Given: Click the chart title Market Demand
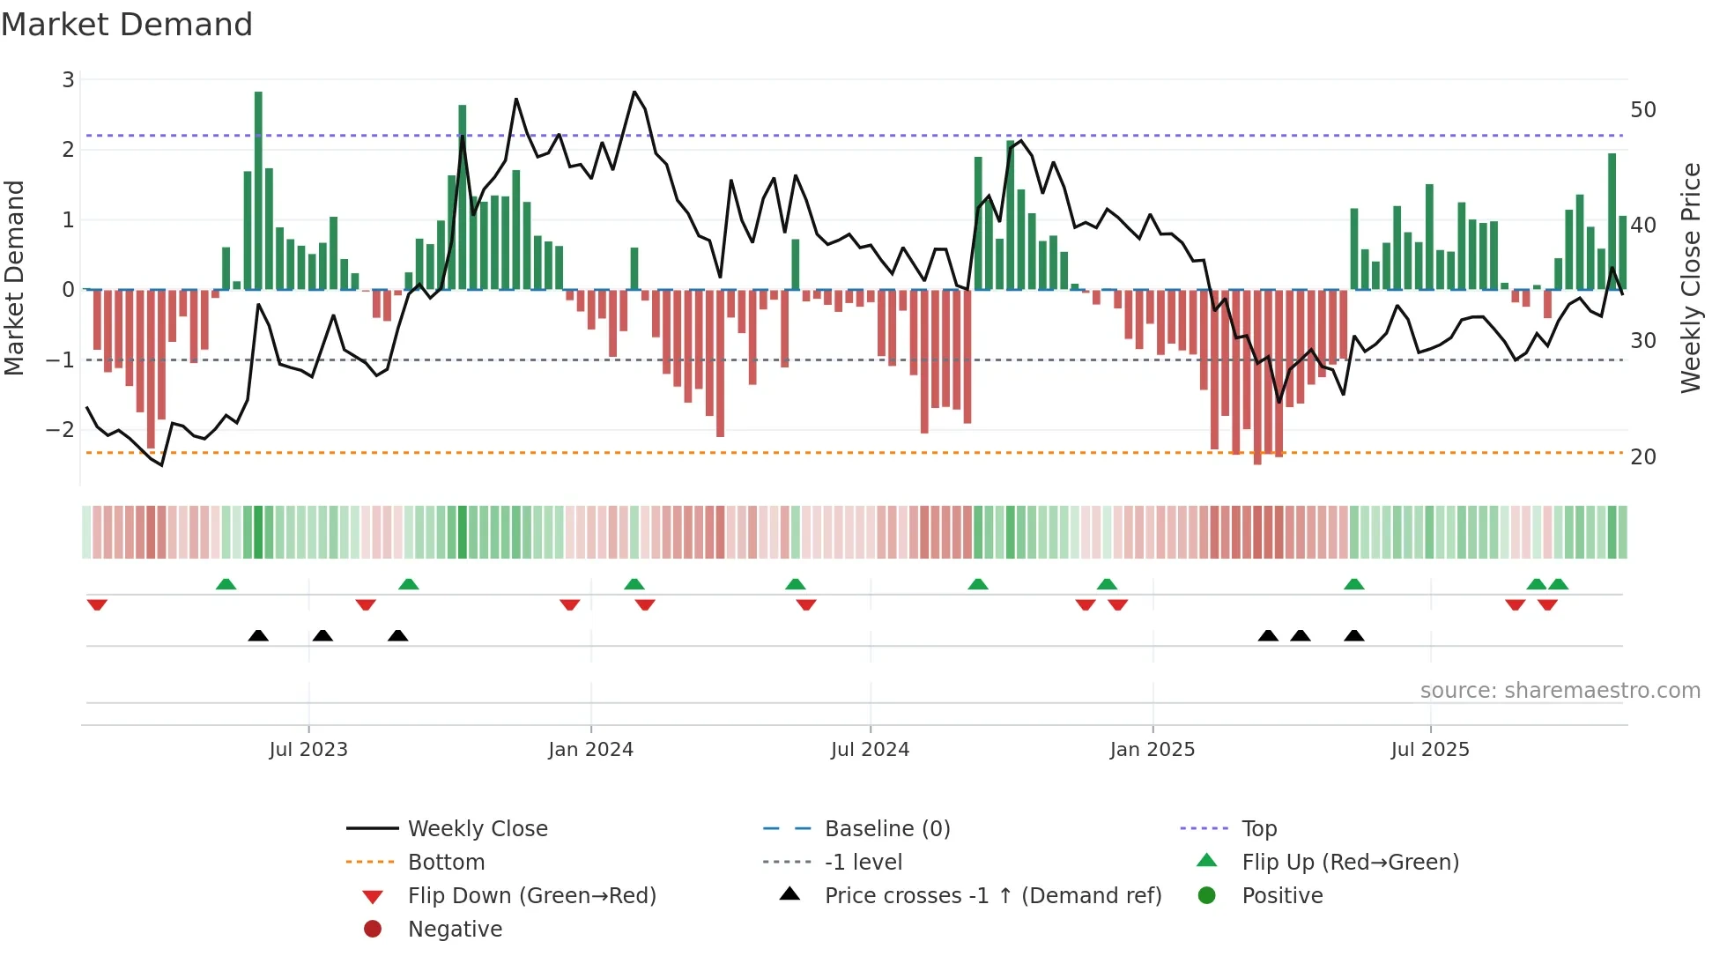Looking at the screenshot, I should click(127, 25).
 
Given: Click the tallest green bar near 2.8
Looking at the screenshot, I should click(258, 189).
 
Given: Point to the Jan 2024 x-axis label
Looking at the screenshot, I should click(590, 750).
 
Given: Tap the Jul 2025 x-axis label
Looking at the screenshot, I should click(1430, 750).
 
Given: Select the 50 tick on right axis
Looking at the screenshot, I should click(1643, 110).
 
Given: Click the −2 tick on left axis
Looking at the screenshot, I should click(61, 430).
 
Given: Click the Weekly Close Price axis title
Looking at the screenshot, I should click(1690, 278).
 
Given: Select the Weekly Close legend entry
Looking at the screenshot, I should click(478, 829).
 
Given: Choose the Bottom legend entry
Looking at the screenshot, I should click(446, 863).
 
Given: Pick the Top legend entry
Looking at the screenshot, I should click(1259, 829).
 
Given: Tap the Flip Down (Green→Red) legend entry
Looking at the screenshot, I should click(531, 896).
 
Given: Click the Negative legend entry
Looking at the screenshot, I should click(455, 930).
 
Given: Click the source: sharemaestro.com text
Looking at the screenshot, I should click(1560, 691).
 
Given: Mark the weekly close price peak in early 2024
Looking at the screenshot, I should click(634, 92).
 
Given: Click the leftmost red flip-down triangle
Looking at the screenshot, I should click(97, 604).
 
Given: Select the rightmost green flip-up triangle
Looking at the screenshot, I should click(1558, 584).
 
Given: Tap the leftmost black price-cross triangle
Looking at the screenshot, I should click(258, 635).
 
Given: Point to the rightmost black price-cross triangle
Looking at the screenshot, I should click(1354, 635).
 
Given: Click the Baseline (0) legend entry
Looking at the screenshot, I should click(887, 829).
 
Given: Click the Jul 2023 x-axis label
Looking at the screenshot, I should click(308, 750).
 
